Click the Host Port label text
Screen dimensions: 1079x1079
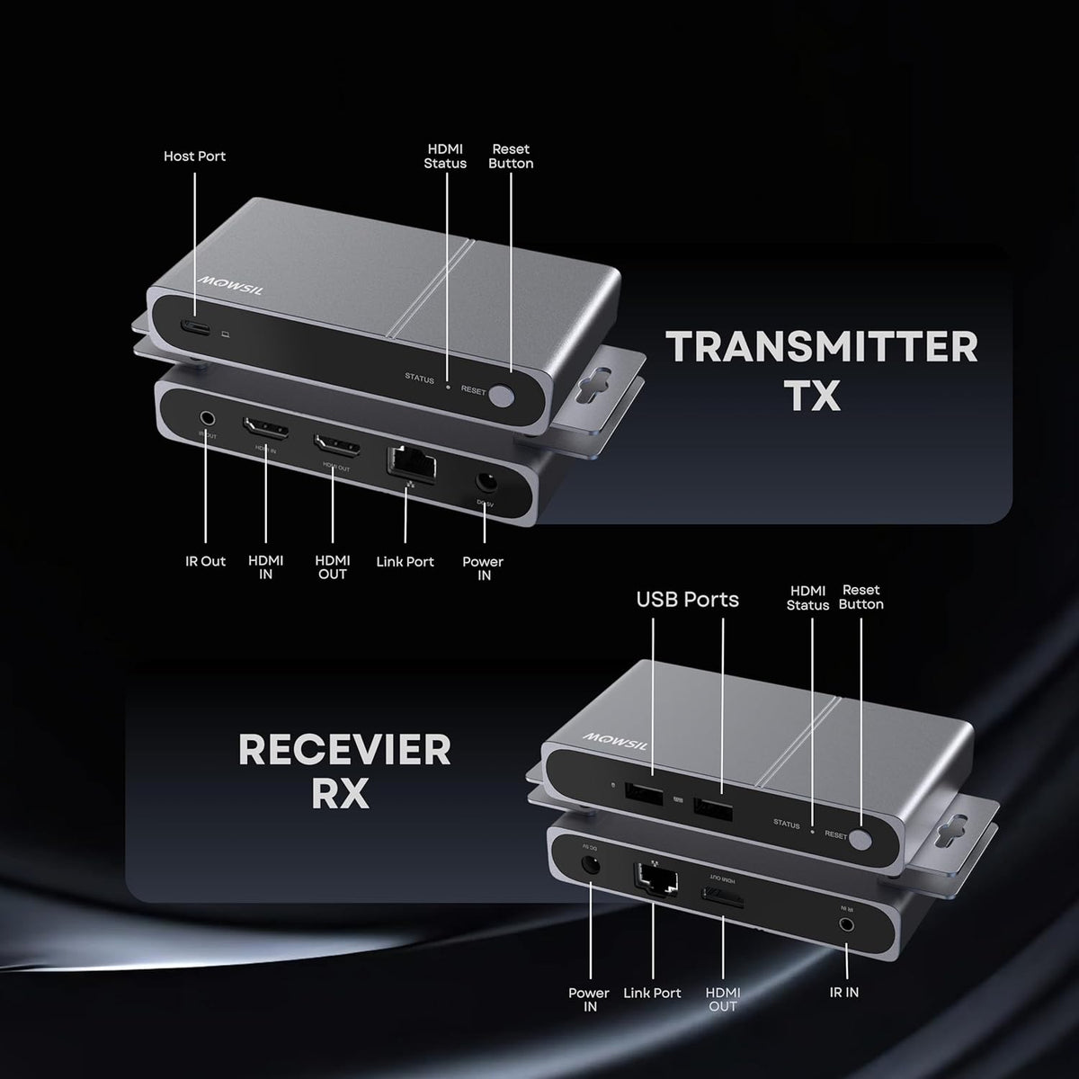(x=194, y=156)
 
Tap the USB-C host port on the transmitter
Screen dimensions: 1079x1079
(x=195, y=328)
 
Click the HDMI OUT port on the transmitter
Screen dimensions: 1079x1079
(x=336, y=444)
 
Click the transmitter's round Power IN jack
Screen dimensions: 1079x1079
(x=486, y=485)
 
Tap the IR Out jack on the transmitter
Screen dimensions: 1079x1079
(x=208, y=418)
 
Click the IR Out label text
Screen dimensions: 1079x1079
(x=205, y=561)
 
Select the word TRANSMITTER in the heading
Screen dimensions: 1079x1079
(x=821, y=347)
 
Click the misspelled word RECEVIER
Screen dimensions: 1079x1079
(x=344, y=750)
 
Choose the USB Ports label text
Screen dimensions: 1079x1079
(x=687, y=600)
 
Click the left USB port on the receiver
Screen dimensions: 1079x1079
(x=644, y=794)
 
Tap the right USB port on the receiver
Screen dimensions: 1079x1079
(x=712, y=808)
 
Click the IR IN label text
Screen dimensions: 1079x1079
(x=843, y=993)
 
